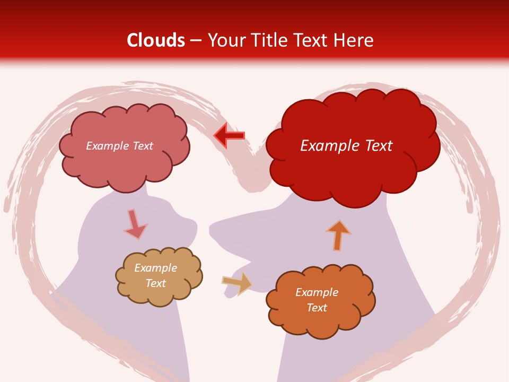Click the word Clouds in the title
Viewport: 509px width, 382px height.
[x=156, y=40]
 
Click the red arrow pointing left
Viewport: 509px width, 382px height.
[x=229, y=136]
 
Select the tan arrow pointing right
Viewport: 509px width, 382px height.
[x=237, y=283]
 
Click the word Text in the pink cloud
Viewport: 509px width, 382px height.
[x=142, y=146]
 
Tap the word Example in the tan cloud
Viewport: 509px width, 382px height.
[x=155, y=268]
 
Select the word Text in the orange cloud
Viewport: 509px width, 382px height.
[x=317, y=308]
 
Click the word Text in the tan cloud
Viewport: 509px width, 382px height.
[x=155, y=283]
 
